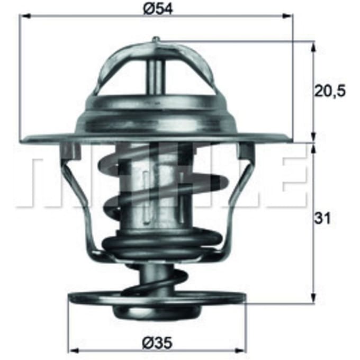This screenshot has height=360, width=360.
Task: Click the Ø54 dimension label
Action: point(158,9)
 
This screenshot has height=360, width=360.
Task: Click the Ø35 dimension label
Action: point(157,343)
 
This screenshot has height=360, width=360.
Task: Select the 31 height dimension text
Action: point(322,218)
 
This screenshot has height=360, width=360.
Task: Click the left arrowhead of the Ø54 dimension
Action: point(25,15)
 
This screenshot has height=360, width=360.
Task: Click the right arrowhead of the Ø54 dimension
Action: point(288,15)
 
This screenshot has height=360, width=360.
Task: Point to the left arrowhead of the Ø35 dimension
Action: point(74,350)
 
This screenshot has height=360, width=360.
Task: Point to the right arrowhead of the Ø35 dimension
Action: point(241,350)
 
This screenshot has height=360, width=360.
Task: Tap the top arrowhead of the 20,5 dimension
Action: point(313,47)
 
